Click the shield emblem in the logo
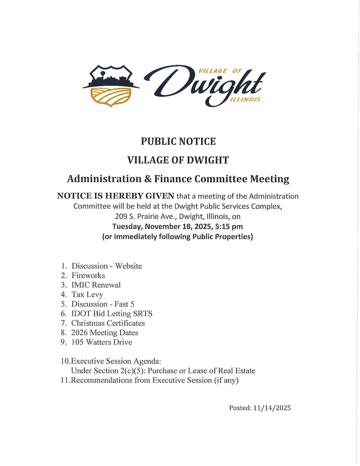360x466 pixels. pos(111,86)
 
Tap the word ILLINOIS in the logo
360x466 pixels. pos(245,100)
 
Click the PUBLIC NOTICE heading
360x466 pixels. pos(178,141)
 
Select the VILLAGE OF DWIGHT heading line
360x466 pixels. pos(178,160)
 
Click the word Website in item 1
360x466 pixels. pos(128,266)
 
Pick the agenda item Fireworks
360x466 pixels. pos(88,276)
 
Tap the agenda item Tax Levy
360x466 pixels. pos(87,295)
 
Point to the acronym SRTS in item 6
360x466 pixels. pos(146,313)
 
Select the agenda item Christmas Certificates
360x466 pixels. pos(108,323)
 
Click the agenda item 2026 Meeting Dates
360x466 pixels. pos(105,333)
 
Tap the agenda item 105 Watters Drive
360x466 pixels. pos(102,342)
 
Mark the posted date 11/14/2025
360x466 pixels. pos(272,408)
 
